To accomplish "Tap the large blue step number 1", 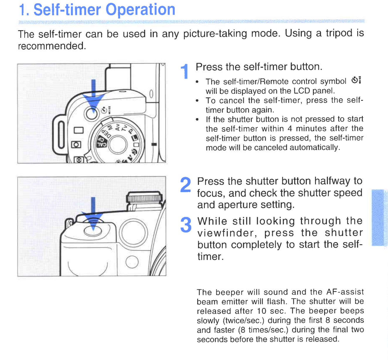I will coord(185,72).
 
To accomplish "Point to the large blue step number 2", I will coord(185,185).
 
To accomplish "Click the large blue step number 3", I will coord(186,225).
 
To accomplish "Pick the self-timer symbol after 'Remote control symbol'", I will coord(356,80).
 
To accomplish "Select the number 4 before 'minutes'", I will coord(290,129).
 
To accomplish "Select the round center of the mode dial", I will coord(118,145).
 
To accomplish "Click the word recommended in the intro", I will coord(52,46).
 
